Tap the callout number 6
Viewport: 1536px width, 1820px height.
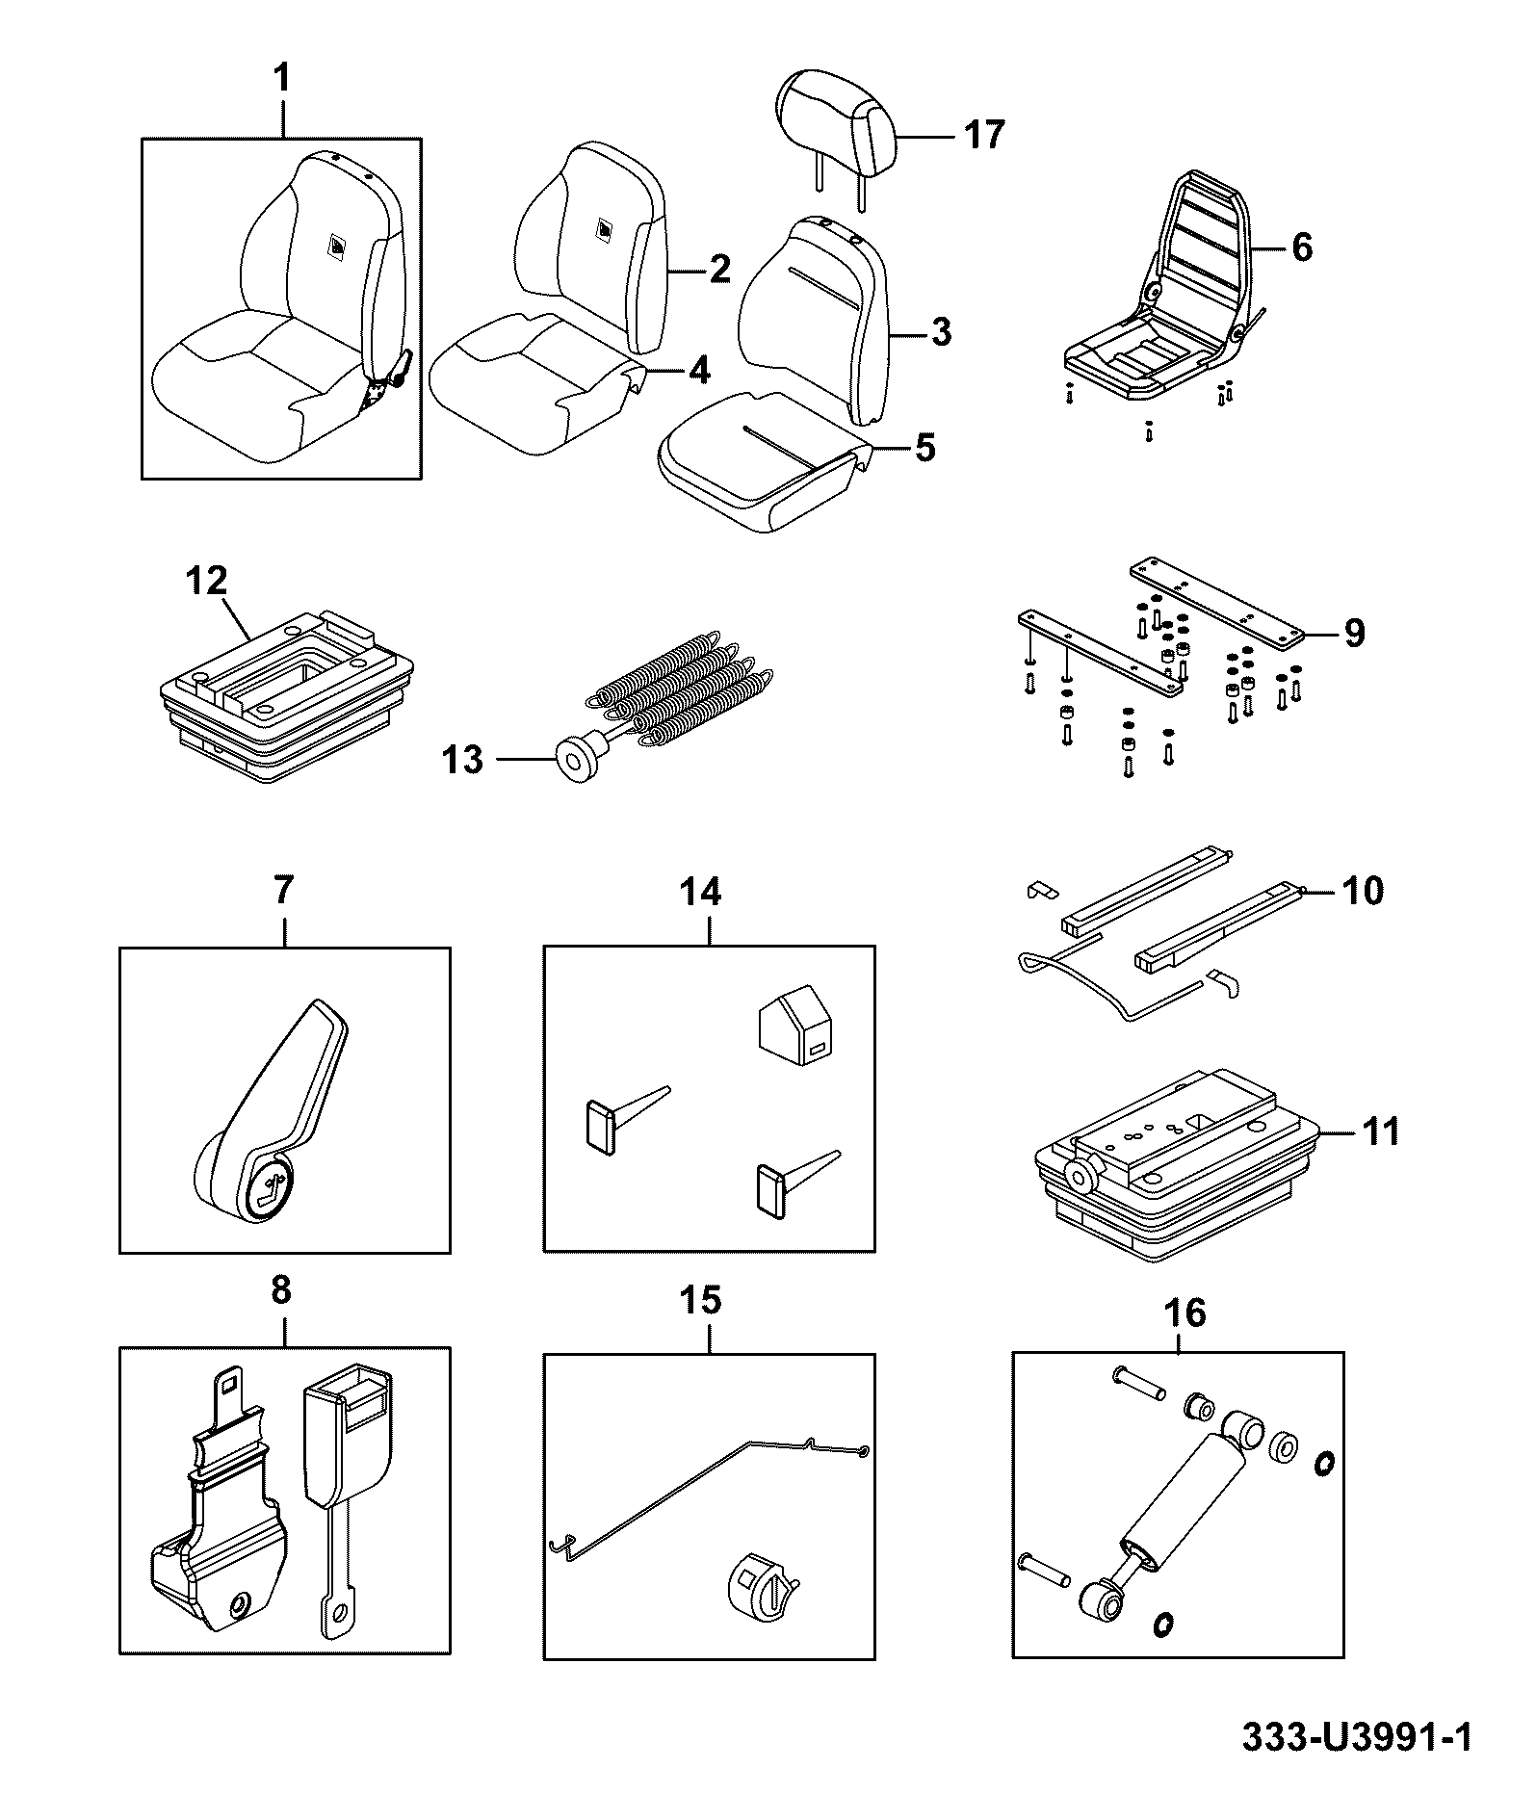tap(1301, 247)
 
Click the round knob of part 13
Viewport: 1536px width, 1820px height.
tap(577, 760)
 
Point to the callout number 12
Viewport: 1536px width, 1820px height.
tap(208, 581)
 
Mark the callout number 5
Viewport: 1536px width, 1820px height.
tap(924, 447)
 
